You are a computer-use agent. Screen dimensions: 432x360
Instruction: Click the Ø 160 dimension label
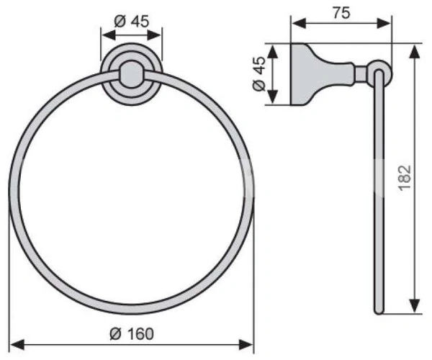coord(132,333)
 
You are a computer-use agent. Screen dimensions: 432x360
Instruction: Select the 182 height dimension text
coord(405,178)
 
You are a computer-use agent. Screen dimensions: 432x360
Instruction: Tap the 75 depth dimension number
coord(341,13)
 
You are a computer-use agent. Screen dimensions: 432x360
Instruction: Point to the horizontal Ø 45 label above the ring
coord(132,21)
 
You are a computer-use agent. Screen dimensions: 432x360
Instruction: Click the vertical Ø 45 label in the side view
coord(259,73)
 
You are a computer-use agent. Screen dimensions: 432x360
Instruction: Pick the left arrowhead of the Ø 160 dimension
coord(17,345)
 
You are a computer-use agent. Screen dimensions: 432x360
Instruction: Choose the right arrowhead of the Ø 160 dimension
coord(246,345)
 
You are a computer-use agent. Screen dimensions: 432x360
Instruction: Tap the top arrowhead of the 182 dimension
coord(415,52)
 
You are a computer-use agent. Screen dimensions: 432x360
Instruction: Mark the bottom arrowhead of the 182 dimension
coord(415,306)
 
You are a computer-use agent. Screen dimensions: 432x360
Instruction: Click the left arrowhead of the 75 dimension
coord(299,23)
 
